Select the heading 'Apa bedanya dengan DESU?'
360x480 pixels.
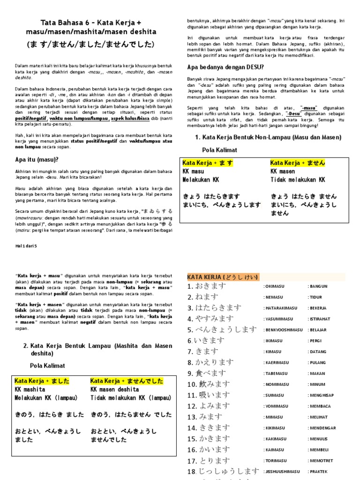(x=225, y=67)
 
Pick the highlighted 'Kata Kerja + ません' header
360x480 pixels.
(x=298, y=163)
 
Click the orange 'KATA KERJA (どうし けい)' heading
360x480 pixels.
(x=223, y=277)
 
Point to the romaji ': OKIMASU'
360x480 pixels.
(x=276, y=286)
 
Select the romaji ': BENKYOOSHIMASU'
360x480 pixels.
(x=283, y=330)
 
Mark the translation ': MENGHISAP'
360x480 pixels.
(x=322, y=395)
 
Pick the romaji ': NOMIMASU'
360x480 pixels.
(x=277, y=384)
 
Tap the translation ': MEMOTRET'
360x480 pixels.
(x=322, y=461)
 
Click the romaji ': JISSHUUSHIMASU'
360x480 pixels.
(x=281, y=472)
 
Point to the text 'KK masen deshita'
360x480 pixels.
(x=114, y=390)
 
